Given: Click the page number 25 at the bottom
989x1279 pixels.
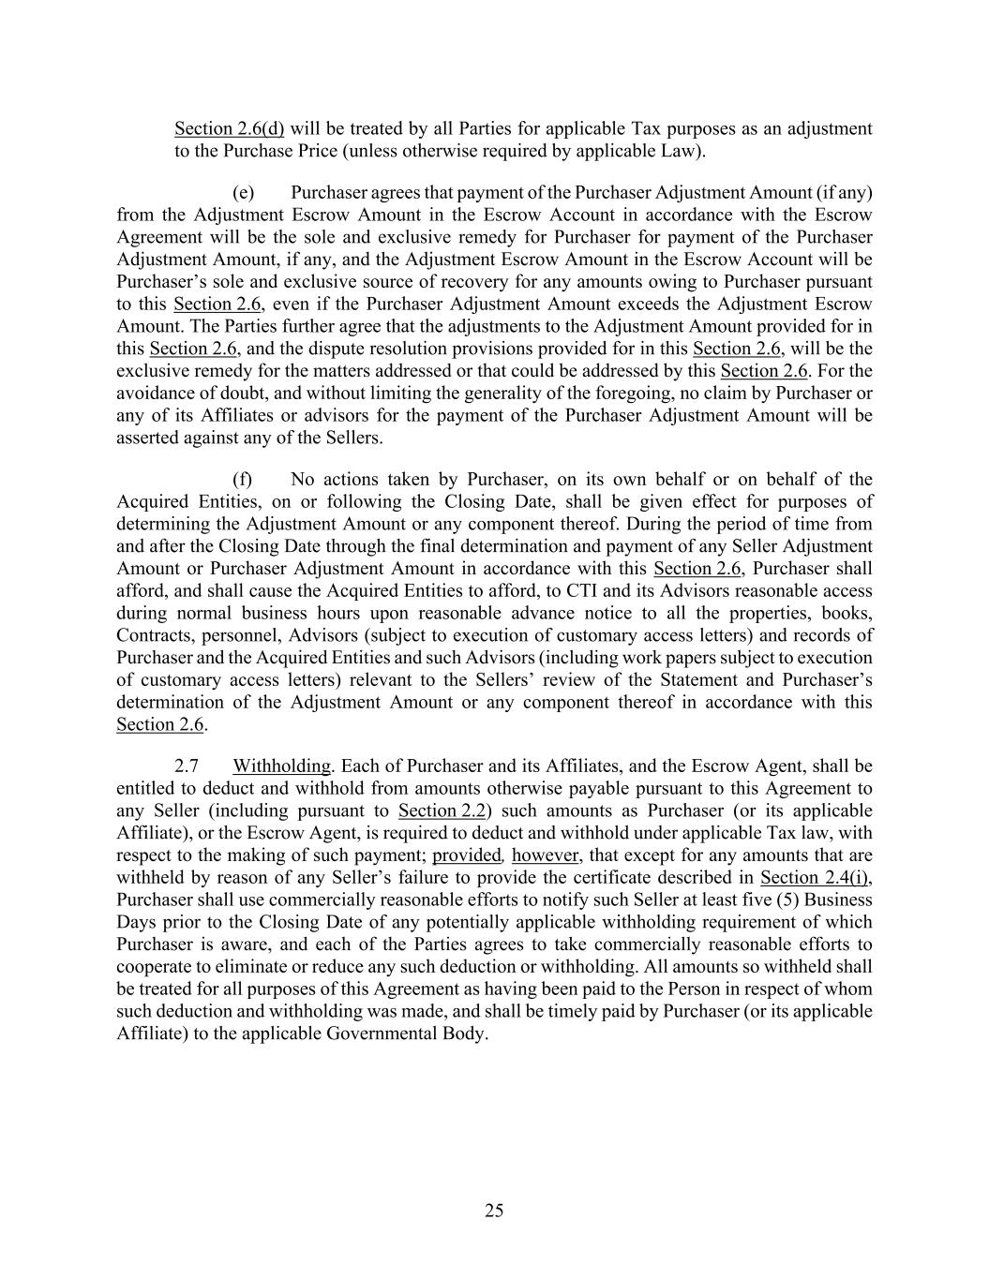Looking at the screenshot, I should tap(494, 1211).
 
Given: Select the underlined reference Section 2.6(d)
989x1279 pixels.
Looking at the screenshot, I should tap(229, 128).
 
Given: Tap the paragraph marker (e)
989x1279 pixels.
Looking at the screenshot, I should tap(243, 192).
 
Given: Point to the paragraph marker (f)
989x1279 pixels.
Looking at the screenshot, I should tap(243, 479).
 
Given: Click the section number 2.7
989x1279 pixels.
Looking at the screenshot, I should tap(186, 766).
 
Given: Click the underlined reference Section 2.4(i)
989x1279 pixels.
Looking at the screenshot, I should tap(816, 877).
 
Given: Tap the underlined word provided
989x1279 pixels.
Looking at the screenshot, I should tap(467, 855).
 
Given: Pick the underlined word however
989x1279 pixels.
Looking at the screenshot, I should tap(546, 855).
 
